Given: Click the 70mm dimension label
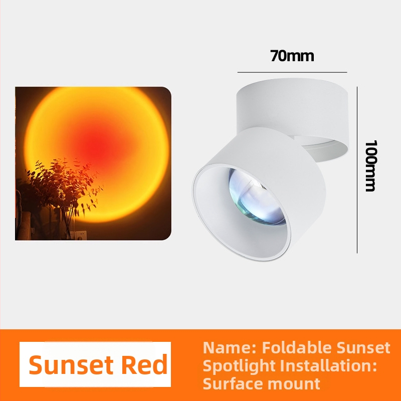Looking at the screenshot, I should (292, 56).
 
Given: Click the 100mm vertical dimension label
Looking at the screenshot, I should (370, 166).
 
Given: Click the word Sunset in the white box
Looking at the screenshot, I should (71, 365).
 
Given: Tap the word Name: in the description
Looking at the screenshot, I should (230, 347).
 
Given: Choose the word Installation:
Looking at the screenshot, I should (328, 365).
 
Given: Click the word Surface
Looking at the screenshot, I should (229, 383).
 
